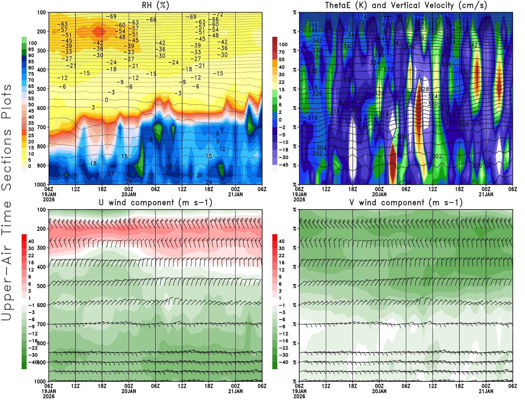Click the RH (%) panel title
tap(155, 6)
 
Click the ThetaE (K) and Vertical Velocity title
tap(406, 6)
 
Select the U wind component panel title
tap(155, 203)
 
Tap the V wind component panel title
tap(406, 203)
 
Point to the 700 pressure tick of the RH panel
tap(42, 127)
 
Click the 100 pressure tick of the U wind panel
tap(42, 210)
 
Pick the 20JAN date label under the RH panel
tap(129, 194)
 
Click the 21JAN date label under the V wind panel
tap(486, 391)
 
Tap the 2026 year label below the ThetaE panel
tap(299, 199)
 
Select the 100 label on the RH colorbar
tap(32, 43)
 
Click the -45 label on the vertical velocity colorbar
tap(283, 165)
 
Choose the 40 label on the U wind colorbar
tap(31, 241)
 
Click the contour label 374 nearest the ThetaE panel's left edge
tap(361, 17)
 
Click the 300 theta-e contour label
tap(477, 166)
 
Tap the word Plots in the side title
tap(7, 102)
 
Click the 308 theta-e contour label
tap(464, 124)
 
